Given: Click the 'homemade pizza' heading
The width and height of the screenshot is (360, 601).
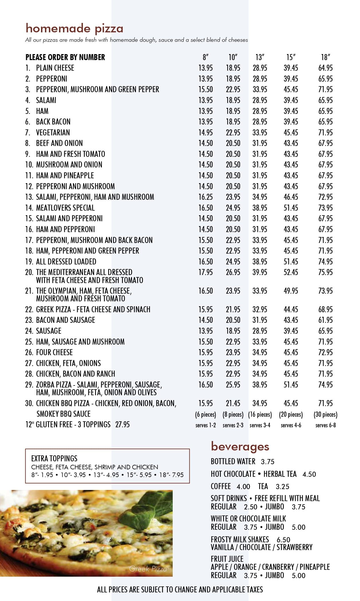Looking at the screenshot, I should pyautogui.click(x=74, y=29).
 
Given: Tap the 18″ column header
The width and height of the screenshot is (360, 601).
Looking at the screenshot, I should pyautogui.click(x=325, y=57).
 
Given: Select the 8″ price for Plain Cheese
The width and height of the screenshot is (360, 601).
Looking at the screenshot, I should pyautogui.click(x=206, y=68).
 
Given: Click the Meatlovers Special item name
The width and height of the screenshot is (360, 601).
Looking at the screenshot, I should pyautogui.click(x=65, y=208).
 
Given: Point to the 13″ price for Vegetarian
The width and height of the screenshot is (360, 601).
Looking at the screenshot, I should pyautogui.click(x=260, y=133).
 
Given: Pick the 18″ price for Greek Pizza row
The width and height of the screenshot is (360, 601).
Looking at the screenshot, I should pyautogui.click(x=325, y=309).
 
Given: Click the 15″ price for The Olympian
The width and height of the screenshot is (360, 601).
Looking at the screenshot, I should pyautogui.click(x=291, y=291).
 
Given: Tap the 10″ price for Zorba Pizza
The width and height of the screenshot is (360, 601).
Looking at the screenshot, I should pyautogui.click(x=233, y=385).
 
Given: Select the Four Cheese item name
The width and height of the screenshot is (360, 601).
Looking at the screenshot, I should pyautogui.click(x=54, y=352).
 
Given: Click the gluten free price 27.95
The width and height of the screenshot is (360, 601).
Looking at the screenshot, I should pyautogui.click(x=123, y=424).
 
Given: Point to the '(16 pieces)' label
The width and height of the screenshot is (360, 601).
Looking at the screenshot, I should pyautogui.click(x=260, y=414).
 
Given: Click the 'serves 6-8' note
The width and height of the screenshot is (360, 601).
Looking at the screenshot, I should pyautogui.click(x=325, y=425).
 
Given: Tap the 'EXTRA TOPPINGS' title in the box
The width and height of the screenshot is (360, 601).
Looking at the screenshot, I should pyautogui.click(x=54, y=458).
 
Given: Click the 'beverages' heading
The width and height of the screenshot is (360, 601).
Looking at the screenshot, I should pyautogui.click(x=240, y=446).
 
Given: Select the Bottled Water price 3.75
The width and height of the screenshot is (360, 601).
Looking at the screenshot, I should pyautogui.click(x=267, y=462).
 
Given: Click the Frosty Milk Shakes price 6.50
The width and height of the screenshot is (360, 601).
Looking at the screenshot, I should pyautogui.click(x=283, y=540).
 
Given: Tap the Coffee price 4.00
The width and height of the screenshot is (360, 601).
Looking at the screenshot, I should pyautogui.click(x=243, y=487).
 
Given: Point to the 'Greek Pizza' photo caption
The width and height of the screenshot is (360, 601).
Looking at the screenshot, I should pyautogui.click(x=148, y=569).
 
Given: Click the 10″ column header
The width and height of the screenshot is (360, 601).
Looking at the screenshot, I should pyautogui.click(x=233, y=57).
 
